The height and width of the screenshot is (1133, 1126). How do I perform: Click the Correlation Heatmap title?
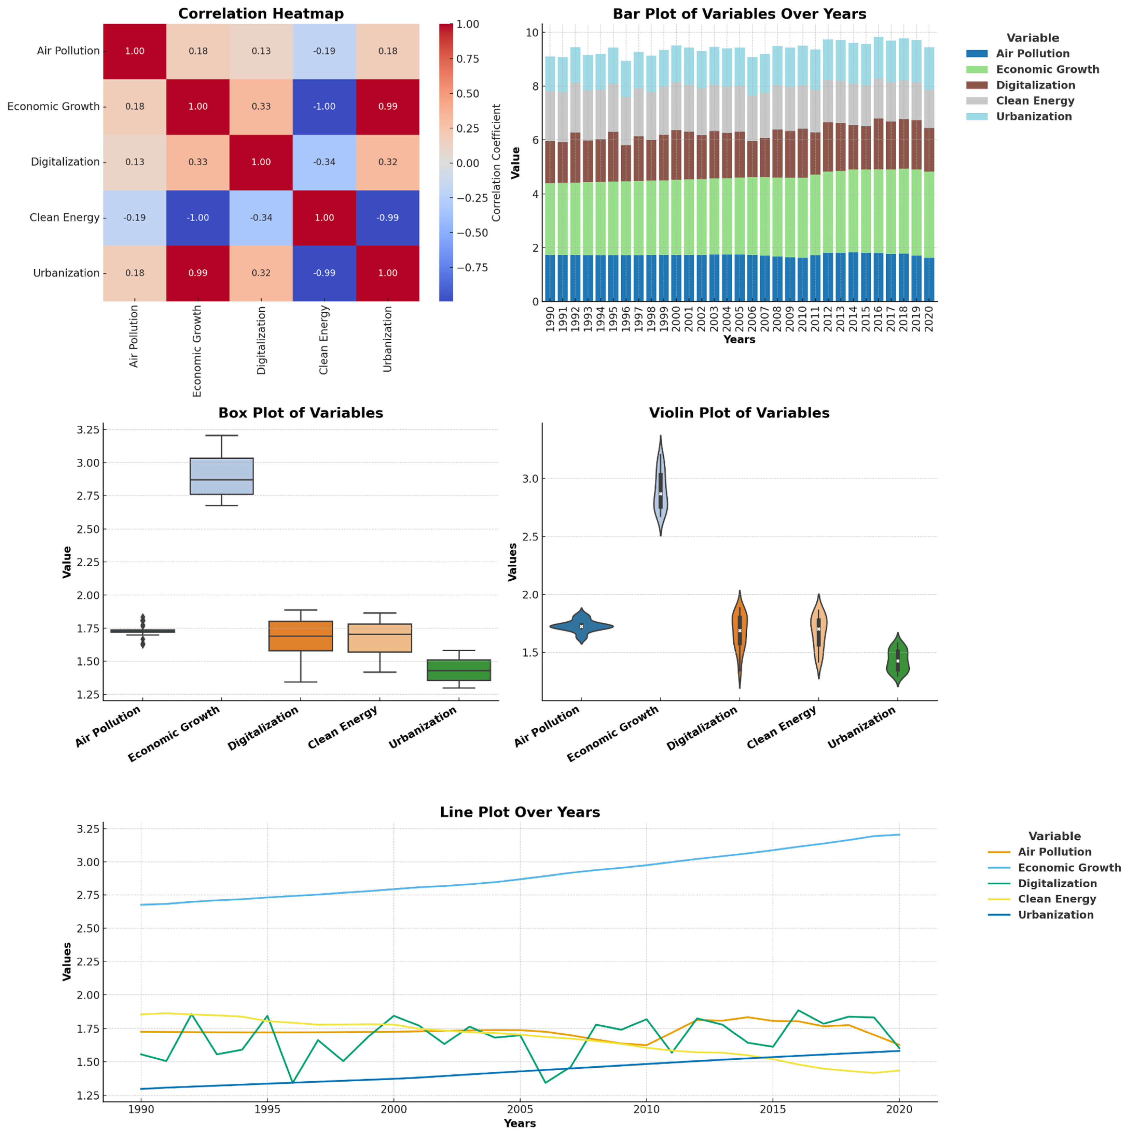[x=261, y=13]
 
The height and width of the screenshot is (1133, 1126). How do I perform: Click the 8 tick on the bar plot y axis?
[x=534, y=86]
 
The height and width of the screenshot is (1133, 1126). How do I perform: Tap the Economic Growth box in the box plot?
[x=221, y=476]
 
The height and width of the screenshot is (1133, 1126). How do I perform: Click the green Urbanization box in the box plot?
[x=459, y=670]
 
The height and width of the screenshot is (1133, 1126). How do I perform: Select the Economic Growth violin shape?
[x=661, y=487]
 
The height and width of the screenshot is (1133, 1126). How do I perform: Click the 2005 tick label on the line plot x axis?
[x=520, y=1109]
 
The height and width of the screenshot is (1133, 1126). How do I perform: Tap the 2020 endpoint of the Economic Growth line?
[x=899, y=834]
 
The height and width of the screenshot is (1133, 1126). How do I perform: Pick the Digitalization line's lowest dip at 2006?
[x=546, y=1083]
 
